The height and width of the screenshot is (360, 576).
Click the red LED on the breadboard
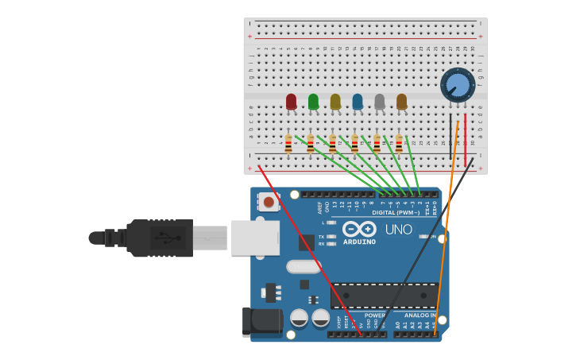click(x=291, y=101)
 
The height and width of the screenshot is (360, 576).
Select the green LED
click(x=313, y=101)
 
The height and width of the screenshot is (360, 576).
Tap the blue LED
click(x=358, y=101)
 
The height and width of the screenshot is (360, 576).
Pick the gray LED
click(x=380, y=101)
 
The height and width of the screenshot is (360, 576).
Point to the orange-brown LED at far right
click(x=402, y=101)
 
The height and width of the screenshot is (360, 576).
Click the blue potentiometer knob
click(x=458, y=84)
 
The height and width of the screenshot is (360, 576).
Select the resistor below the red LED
click(x=288, y=144)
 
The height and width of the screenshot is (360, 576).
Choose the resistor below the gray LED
click(x=377, y=144)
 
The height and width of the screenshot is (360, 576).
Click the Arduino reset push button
click(x=269, y=203)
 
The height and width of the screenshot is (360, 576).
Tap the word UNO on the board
click(x=399, y=230)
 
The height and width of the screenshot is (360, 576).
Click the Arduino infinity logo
click(x=359, y=229)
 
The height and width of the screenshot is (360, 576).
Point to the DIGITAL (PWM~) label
click(x=395, y=213)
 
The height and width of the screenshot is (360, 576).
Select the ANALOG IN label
click(x=419, y=315)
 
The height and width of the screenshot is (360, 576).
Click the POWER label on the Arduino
click(x=374, y=315)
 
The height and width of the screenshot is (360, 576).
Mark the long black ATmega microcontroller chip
click(x=385, y=295)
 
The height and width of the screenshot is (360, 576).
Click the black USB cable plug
click(x=159, y=238)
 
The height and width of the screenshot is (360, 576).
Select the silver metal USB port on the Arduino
click(x=255, y=238)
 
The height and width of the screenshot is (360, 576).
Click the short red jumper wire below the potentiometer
click(x=466, y=139)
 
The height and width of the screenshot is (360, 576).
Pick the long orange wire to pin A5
click(x=446, y=223)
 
